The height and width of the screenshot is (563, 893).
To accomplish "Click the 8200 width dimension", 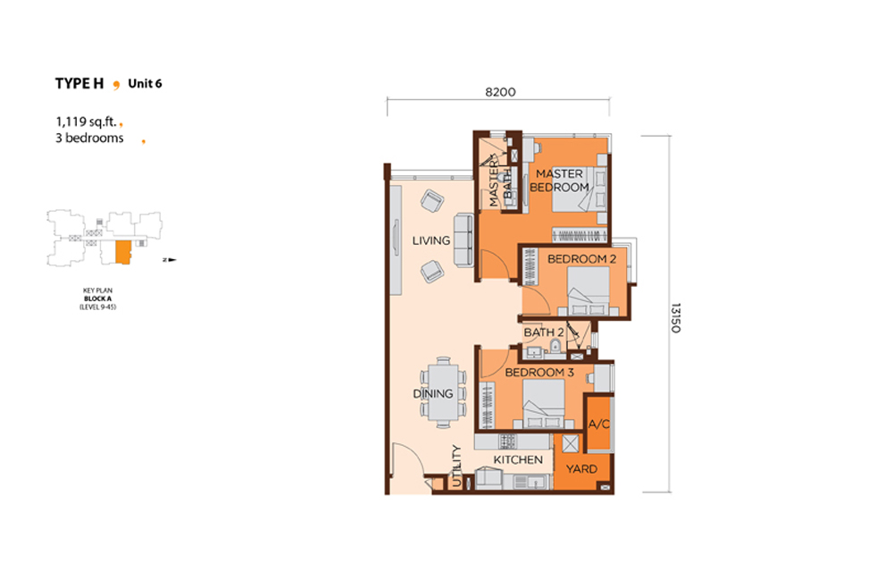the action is coord(500,92).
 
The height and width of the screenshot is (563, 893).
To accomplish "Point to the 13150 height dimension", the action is coord(675,318).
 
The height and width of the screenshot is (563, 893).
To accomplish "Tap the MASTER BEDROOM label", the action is coord(559,181).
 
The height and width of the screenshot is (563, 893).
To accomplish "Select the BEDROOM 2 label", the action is coord(581,258).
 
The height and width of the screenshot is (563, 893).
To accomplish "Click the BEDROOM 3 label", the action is coord(539,372).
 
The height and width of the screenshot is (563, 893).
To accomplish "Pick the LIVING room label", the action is coord(431,240).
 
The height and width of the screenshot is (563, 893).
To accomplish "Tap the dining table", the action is coord(443,392).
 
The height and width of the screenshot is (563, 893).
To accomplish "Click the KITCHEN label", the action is coord(518,459).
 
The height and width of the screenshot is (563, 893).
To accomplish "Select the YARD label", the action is coord(581,469).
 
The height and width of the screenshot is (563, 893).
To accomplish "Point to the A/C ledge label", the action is coord(599,424).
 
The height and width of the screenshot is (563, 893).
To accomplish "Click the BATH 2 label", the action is coord(544,332).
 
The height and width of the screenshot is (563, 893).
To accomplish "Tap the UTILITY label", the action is coord(456,466).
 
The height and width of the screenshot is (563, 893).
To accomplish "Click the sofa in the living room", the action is coord(463,240).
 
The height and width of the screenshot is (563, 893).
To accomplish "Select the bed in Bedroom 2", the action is coord(588,290).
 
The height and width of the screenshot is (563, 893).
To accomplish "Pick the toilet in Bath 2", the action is coord(555,347).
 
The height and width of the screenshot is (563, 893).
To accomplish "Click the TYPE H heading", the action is coord(79,84).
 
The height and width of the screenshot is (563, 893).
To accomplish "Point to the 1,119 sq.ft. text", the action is coord(86,122).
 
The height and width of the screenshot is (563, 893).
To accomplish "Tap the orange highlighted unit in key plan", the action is coord(123,252).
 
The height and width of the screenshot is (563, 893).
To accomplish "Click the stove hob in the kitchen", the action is coord(507,441).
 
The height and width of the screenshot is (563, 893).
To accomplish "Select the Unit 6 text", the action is coord(145,83).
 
